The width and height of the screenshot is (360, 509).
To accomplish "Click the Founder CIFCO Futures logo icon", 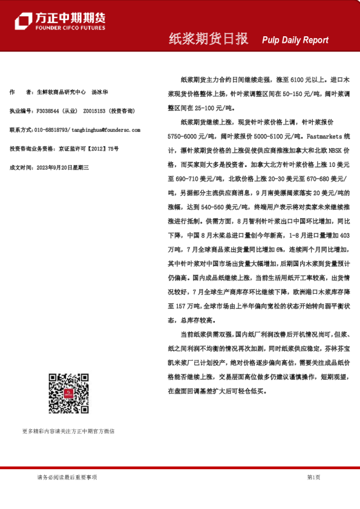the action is [x=23, y=21].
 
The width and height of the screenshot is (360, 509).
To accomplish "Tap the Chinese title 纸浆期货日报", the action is [x=208, y=39].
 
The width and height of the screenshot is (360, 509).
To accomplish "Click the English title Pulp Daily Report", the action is [x=295, y=40].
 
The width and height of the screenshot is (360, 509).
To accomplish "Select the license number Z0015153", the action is [x=94, y=111].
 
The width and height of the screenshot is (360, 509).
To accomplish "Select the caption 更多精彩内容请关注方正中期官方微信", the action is [x=68, y=431].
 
